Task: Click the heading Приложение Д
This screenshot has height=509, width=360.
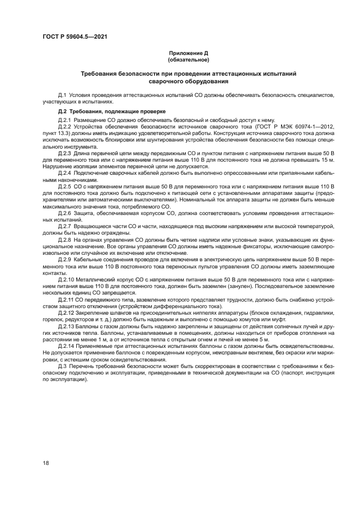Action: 188,53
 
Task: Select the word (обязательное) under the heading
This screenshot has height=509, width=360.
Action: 188,59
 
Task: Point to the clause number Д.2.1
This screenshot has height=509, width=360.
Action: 65,119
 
